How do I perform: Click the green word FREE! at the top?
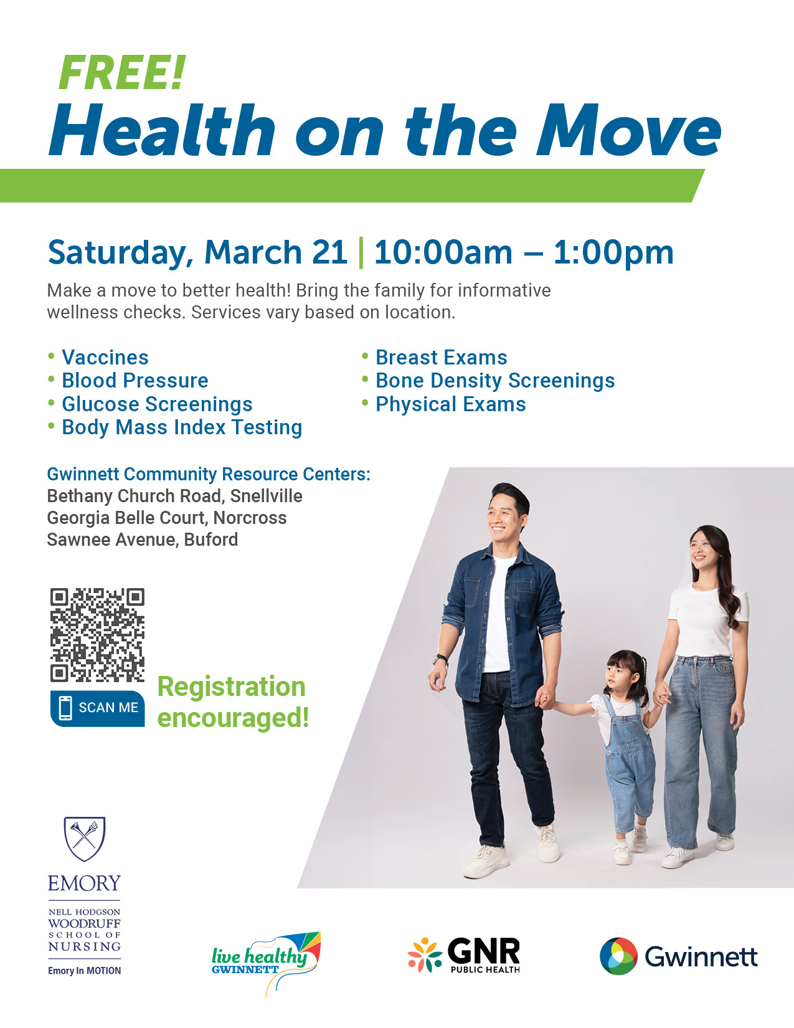[121, 72]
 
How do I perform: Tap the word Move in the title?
[629, 130]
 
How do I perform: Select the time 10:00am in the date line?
[443, 252]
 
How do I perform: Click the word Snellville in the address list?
[267, 496]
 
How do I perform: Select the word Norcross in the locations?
[250, 518]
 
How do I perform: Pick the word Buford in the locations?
[211, 540]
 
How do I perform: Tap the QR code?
[97, 635]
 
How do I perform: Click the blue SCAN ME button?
[97, 708]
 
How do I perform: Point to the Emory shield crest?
[85, 839]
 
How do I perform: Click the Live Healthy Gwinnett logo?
[267, 963]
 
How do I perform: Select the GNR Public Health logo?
[464, 955]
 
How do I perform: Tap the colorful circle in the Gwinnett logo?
[618, 956]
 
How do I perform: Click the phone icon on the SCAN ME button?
[66, 708]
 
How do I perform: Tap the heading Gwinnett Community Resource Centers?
[209, 474]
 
